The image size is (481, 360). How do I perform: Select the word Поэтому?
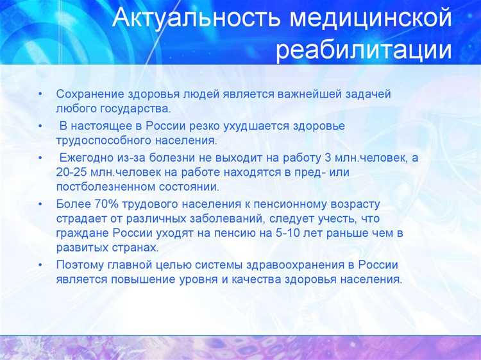click(x=80, y=264)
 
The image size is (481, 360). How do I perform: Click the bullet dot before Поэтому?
click(x=40, y=264)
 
